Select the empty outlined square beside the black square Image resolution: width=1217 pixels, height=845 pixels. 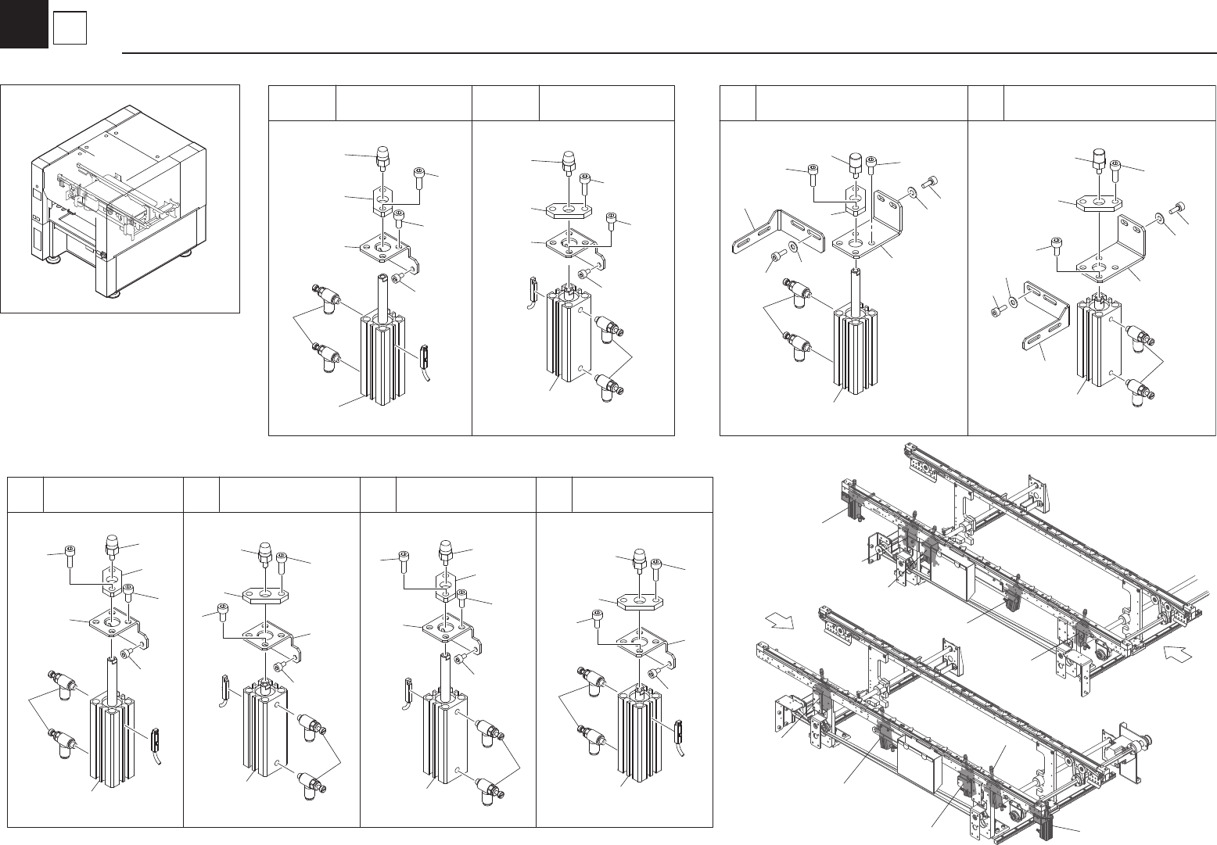pos(69,30)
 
